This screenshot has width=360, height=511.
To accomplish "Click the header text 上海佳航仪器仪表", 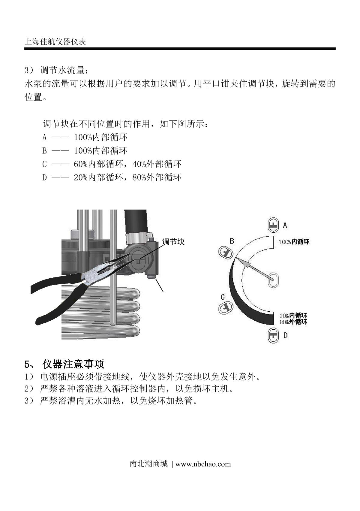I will (55, 41).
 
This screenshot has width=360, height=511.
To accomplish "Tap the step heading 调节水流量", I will (64, 71).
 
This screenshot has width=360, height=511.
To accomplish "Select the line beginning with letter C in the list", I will (112, 164).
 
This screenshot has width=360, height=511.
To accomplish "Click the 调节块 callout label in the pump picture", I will (173, 242).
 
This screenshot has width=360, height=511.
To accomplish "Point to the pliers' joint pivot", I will (92, 274).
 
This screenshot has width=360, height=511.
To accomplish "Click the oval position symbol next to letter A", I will (273, 225).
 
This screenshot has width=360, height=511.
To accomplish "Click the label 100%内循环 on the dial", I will (294, 242).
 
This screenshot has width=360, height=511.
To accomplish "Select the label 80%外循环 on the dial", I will (293, 322).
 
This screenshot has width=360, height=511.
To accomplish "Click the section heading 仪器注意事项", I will (73, 364).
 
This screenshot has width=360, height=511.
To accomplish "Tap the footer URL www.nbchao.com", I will (203, 464).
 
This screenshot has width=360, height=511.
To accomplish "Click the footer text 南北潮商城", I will (148, 464).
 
